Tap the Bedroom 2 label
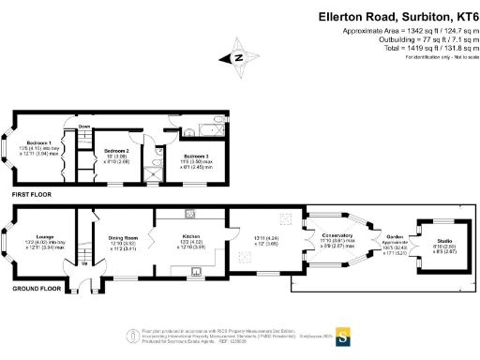115,150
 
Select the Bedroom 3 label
196,155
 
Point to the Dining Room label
124,238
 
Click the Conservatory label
335,234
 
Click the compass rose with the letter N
239,57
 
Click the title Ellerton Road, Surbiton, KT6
397,16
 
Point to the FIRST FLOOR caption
31,194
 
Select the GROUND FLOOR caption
36,289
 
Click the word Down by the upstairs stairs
84,127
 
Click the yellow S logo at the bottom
343,334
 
